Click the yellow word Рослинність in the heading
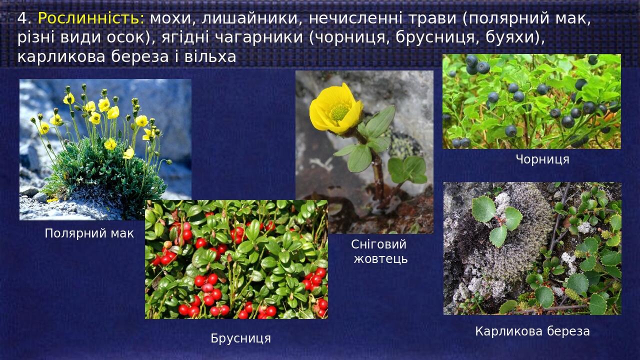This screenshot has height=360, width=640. click(x=91, y=18)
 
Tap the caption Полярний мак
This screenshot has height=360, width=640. click(x=89, y=233)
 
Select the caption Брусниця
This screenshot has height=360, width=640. click(x=240, y=338)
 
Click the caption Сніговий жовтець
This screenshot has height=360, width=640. click(x=380, y=251)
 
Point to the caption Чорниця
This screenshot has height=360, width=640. click(x=542, y=159)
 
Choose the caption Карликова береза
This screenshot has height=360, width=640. click(x=532, y=331)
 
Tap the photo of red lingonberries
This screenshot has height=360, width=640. click(x=236, y=259)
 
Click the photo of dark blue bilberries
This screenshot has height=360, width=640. click(x=531, y=101)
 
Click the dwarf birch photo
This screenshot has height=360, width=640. click(x=532, y=248)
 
